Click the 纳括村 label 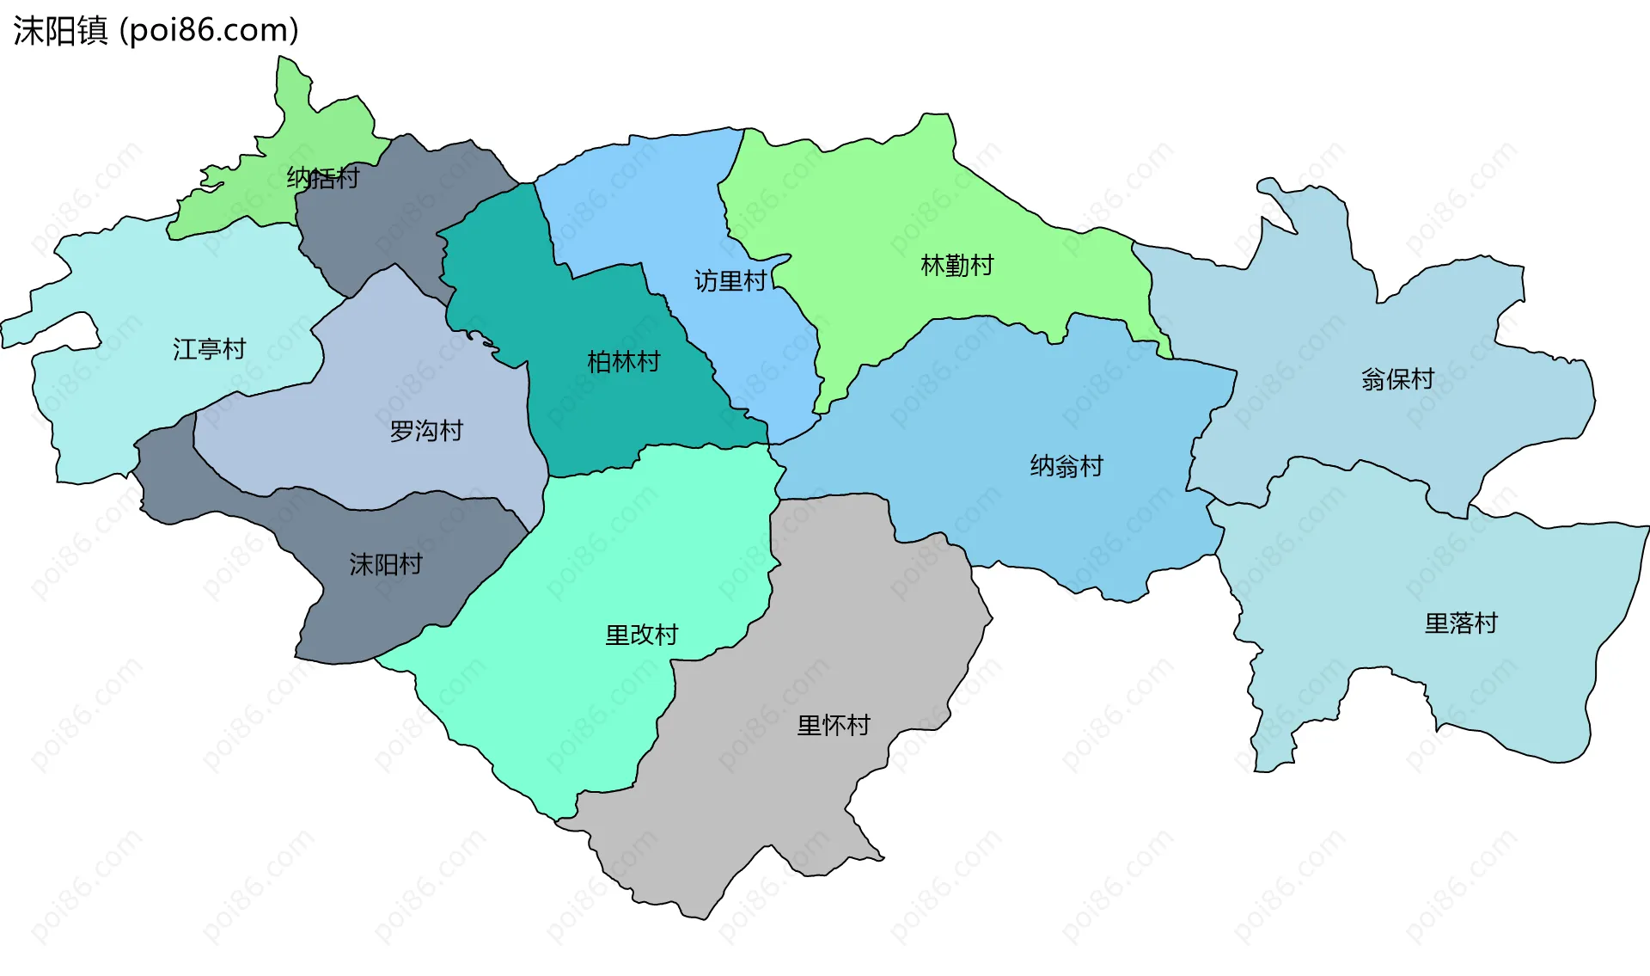(323, 178)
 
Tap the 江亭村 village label (210, 349)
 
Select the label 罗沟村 (426, 431)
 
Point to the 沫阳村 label (386, 564)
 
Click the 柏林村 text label (624, 362)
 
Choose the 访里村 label (730, 281)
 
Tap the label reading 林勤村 (957, 266)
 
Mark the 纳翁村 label (1066, 466)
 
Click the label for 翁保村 (1398, 379)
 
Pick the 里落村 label (1461, 623)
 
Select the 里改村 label (642, 635)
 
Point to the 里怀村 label (834, 726)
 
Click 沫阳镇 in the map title (60, 31)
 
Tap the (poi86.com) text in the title (209, 31)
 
